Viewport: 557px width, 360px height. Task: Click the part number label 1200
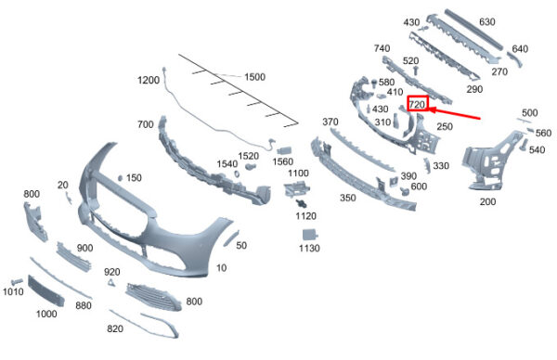click(149, 80)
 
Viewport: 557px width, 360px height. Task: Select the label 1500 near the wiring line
click(254, 77)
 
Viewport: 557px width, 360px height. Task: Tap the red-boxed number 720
click(418, 104)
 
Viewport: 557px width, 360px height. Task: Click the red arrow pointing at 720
click(455, 113)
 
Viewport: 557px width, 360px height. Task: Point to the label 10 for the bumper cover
click(221, 268)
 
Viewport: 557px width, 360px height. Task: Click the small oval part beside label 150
click(120, 178)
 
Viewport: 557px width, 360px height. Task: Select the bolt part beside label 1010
click(17, 282)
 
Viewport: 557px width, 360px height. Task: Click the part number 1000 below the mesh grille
click(46, 314)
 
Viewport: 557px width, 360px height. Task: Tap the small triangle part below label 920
click(111, 283)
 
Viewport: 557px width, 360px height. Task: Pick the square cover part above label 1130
click(310, 235)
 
